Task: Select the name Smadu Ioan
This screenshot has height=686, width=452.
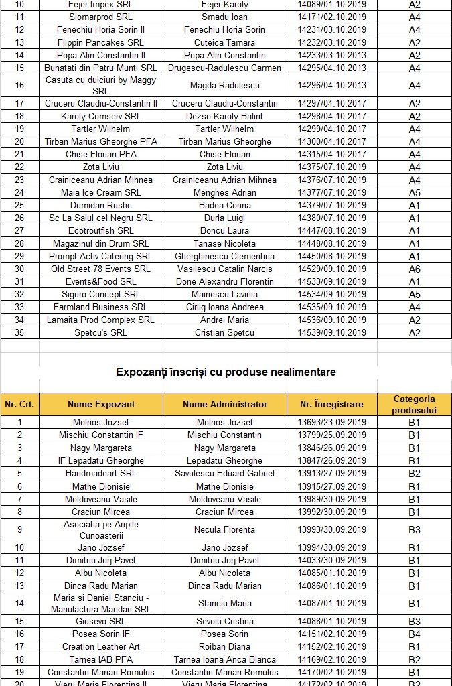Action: [224, 17]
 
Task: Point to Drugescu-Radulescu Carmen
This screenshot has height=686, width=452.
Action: [224, 68]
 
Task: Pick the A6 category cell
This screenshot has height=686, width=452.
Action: [415, 269]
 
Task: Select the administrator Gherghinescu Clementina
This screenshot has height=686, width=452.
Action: [224, 256]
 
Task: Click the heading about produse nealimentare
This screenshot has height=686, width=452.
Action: [226, 371]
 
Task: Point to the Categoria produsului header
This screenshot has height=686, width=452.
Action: [415, 404]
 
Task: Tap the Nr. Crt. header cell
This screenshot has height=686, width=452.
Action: [19, 404]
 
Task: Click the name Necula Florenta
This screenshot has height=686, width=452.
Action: [224, 529]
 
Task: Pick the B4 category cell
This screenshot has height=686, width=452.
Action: [415, 634]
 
